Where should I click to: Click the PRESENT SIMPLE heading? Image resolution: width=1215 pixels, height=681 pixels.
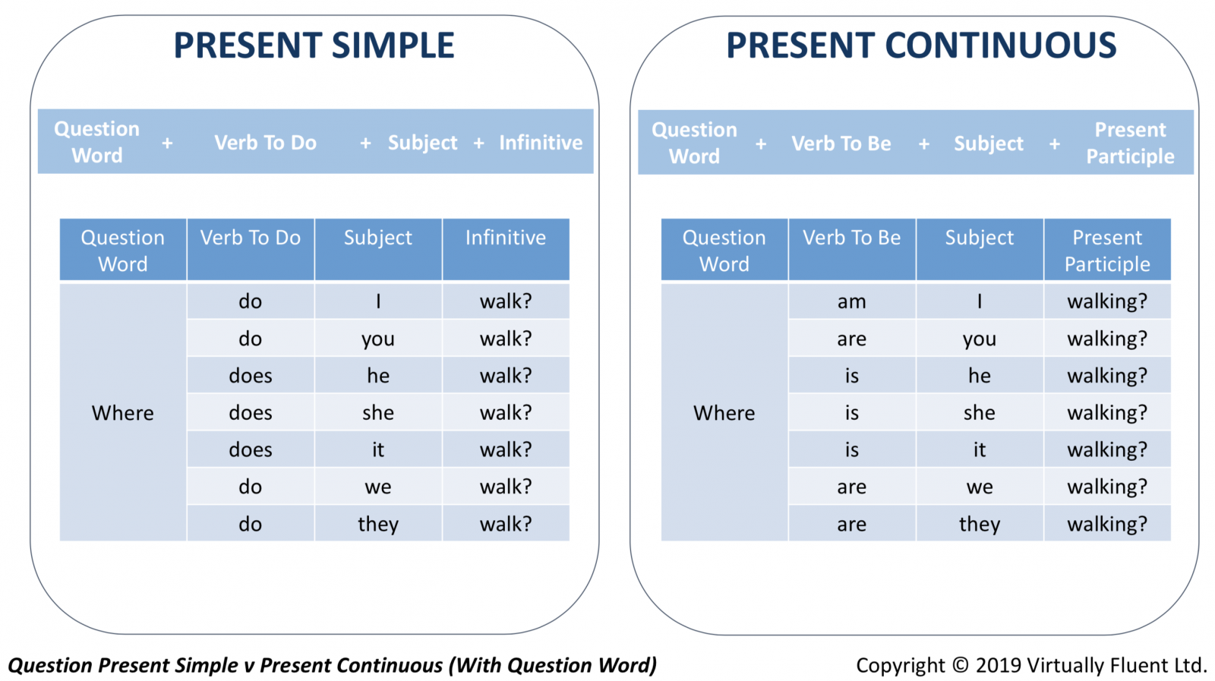(314, 45)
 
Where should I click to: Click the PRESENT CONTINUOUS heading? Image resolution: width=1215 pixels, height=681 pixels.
(921, 45)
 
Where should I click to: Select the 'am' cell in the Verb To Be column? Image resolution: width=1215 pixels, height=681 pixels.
(851, 301)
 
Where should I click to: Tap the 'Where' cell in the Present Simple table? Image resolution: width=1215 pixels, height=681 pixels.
(122, 412)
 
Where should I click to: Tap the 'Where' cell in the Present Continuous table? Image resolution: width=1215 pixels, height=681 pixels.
(724, 412)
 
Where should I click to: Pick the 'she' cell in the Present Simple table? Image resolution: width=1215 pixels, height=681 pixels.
(378, 412)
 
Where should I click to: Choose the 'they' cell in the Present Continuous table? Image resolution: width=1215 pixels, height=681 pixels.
(980, 524)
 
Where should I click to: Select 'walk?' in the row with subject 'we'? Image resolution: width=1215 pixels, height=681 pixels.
(506, 487)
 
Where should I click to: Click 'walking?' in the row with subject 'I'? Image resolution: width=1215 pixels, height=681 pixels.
(1107, 301)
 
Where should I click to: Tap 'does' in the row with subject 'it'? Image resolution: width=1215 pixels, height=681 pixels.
(250, 449)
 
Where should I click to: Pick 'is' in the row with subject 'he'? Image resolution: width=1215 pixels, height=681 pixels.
(851, 375)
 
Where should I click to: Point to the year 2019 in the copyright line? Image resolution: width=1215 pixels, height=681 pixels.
(999, 665)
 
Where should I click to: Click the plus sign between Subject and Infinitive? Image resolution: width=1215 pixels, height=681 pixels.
(478, 143)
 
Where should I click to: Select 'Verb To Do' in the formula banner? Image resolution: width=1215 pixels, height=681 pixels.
(265, 143)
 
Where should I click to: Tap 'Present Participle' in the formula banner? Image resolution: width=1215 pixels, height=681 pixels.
(1130, 143)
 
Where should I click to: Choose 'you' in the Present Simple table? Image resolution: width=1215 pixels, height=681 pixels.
(378, 339)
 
